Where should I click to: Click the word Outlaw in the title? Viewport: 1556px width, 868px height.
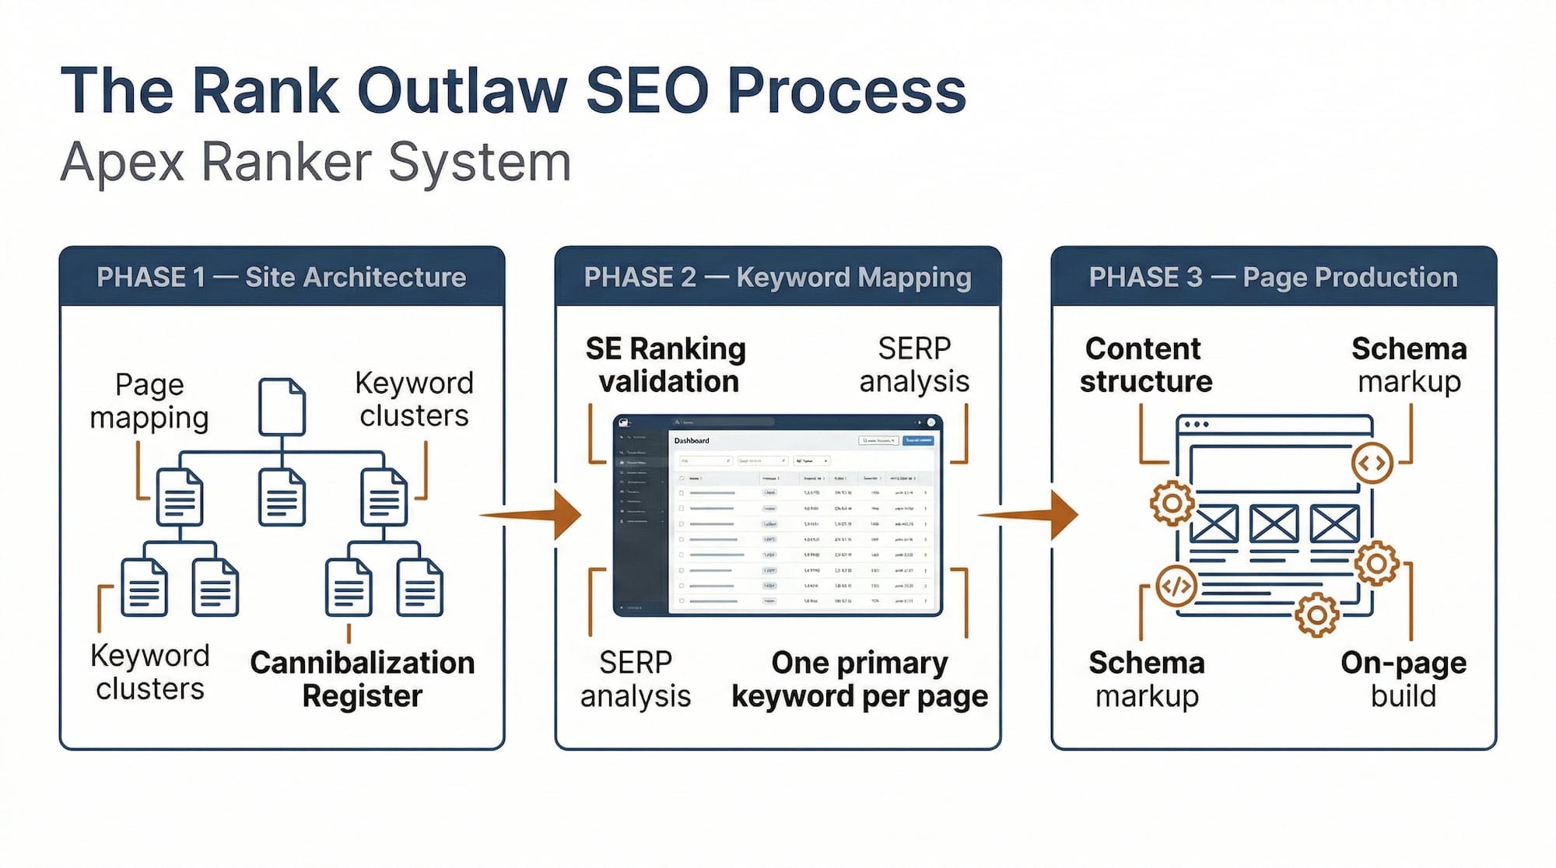pyautogui.click(x=461, y=91)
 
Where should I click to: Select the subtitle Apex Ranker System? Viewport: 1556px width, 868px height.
pyautogui.click(x=315, y=162)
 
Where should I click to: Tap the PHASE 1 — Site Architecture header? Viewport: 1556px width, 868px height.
pyautogui.click(x=281, y=278)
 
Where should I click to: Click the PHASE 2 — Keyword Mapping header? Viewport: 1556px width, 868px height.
pyautogui.click(x=777, y=278)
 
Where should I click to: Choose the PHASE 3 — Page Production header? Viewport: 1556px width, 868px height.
pyautogui.click(x=1273, y=278)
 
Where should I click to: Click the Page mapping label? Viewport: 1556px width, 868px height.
pyautogui.click(x=149, y=401)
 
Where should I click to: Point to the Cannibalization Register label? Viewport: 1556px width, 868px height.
pyautogui.click(x=362, y=679)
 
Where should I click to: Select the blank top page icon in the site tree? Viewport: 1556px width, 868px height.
pyautogui.click(x=281, y=406)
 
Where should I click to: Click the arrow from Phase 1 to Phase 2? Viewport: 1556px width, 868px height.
pyautogui.click(x=532, y=514)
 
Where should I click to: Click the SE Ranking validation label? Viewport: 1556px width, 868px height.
pyautogui.click(x=666, y=365)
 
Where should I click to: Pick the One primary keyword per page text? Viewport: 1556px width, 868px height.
pyautogui.click(x=860, y=679)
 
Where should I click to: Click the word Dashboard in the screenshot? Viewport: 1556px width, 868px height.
pyautogui.click(x=692, y=441)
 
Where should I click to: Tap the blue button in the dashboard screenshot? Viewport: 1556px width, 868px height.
pyautogui.click(x=918, y=441)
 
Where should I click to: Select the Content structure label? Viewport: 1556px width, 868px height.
pyautogui.click(x=1144, y=365)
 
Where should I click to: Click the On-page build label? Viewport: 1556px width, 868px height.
pyautogui.click(x=1403, y=679)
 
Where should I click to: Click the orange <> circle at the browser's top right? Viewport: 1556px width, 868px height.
pyautogui.click(x=1372, y=464)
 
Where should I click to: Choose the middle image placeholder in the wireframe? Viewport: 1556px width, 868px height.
pyautogui.click(x=1273, y=523)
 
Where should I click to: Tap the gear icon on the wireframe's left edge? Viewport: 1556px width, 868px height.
pyautogui.click(x=1172, y=503)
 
